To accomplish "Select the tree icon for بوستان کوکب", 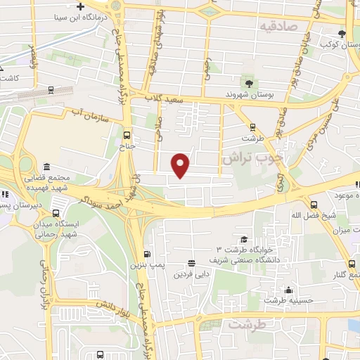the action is point(342,33).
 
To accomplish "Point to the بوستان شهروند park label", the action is point(248,94).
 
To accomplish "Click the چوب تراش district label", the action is point(252,159).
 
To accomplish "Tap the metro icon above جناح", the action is point(127,134).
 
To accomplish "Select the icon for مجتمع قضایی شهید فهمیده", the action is point(46,167).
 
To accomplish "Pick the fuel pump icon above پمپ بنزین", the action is point(147,254).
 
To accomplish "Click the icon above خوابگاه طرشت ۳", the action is point(243,239).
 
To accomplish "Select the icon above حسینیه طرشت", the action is point(288,290).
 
